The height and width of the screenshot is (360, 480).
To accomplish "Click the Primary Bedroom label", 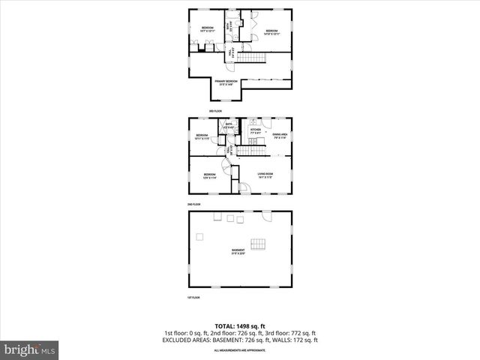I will pyautogui.click(x=226, y=82).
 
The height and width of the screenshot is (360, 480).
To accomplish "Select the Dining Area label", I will pyautogui.click(x=280, y=135).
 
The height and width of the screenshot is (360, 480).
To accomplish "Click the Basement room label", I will pyautogui.click(x=238, y=251).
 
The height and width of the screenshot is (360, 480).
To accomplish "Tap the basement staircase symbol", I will pyautogui.click(x=258, y=244).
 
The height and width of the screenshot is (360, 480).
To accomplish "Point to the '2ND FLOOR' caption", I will pyautogui.click(x=194, y=204).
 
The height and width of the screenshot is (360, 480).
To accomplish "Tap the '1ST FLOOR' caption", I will pyautogui.click(x=193, y=298).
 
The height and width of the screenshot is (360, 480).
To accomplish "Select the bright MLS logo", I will pyautogui.click(x=30, y=349).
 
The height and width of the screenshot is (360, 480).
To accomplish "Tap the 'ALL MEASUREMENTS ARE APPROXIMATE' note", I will pyautogui.click(x=239, y=350).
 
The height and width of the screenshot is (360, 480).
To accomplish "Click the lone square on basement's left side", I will pyautogui.click(x=199, y=237).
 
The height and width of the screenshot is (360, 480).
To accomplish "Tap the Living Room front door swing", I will pyautogui.click(x=246, y=187).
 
